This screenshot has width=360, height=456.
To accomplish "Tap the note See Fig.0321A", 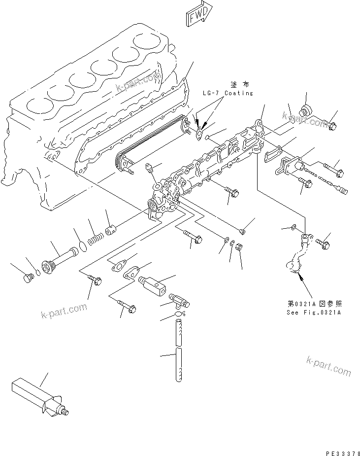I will [314, 312].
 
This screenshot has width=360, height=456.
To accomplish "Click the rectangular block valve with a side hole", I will [153, 284].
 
